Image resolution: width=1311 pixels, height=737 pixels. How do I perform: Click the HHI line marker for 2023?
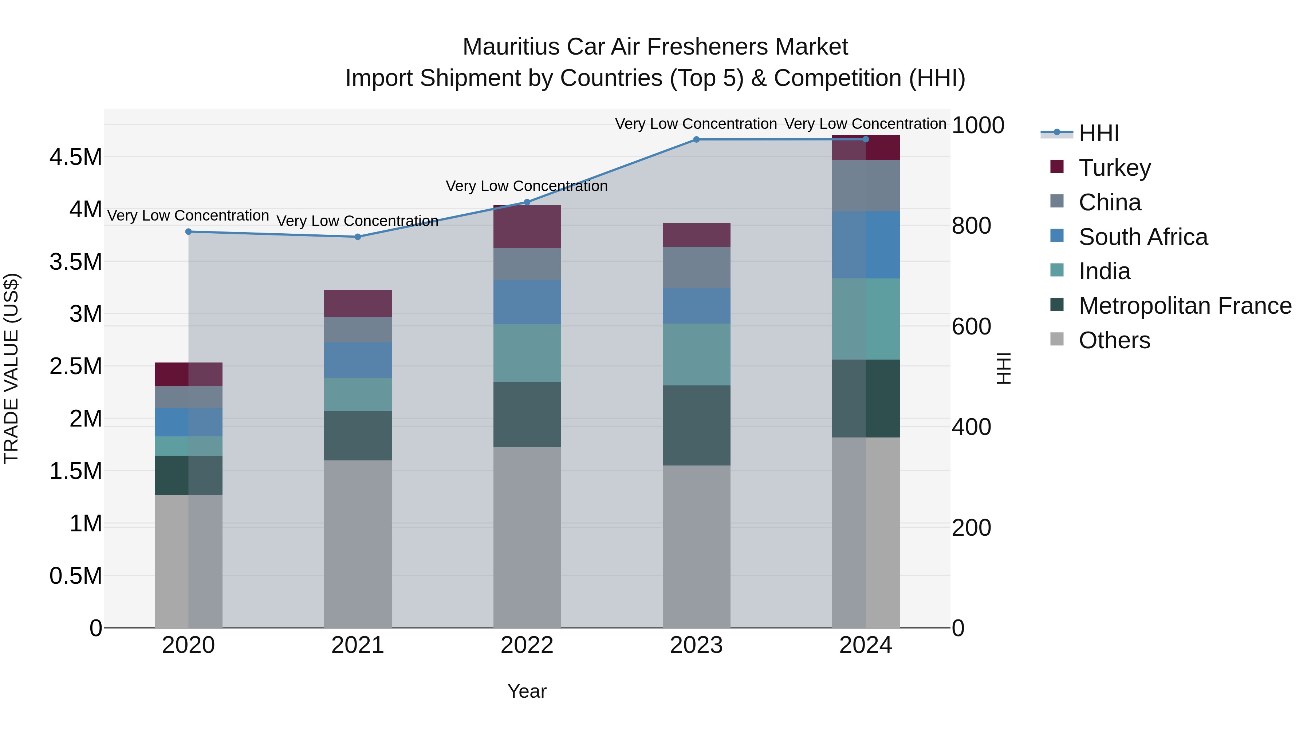coord(696,139)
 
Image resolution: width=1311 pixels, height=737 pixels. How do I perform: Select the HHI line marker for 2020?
coord(188,231)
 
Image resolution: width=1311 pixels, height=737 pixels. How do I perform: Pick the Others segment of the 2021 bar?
coord(358,544)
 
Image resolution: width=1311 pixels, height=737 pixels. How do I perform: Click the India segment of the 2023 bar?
coord(696,354)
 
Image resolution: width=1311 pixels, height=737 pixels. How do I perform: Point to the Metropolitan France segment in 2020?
coord(188,475)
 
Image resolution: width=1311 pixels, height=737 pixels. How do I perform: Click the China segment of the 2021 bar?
coord(358,330)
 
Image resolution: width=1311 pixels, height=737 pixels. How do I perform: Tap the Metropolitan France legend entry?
coord(1184,306)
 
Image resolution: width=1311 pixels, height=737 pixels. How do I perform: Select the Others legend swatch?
coord(1057,339)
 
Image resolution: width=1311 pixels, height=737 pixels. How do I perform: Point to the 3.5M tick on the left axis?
coord(76,262)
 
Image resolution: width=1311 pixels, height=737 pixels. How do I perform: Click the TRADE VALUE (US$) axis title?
coord(11,368)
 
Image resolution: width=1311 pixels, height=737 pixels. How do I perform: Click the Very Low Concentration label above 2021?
coord(357,221)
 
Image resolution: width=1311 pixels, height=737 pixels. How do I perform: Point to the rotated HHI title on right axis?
coord(1003,368)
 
